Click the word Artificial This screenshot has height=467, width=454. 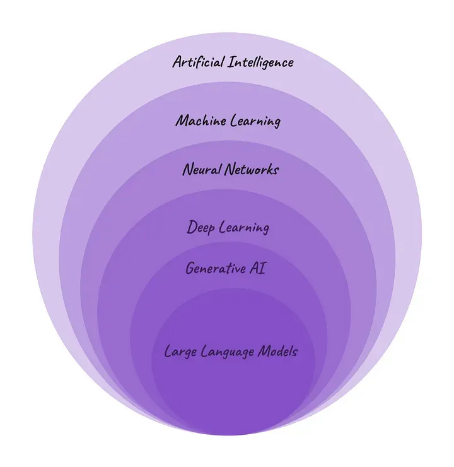198,62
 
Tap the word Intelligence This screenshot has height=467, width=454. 261,63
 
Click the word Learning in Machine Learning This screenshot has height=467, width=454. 255,121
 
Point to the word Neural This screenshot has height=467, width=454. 202,170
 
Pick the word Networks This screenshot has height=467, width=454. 252,170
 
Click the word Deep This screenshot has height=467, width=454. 201,228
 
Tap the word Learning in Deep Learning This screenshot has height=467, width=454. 244,228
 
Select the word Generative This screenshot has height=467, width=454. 216,268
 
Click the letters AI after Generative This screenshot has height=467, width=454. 257,268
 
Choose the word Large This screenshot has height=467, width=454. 180,352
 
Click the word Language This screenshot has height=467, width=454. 227,352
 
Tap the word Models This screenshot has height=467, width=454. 277,351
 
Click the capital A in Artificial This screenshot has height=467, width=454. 178,62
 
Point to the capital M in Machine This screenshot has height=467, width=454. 182,121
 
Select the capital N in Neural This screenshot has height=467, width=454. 189,170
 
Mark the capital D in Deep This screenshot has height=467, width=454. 192,227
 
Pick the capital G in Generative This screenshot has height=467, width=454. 190,268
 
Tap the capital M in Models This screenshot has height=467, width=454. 264,351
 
